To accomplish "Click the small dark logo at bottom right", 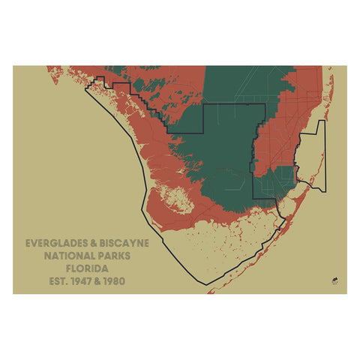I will click(333, 281).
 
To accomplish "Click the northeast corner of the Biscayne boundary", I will click(324, 121).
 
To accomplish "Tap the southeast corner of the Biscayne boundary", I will click(325, 190).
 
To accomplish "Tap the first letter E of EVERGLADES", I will click(28, 244).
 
